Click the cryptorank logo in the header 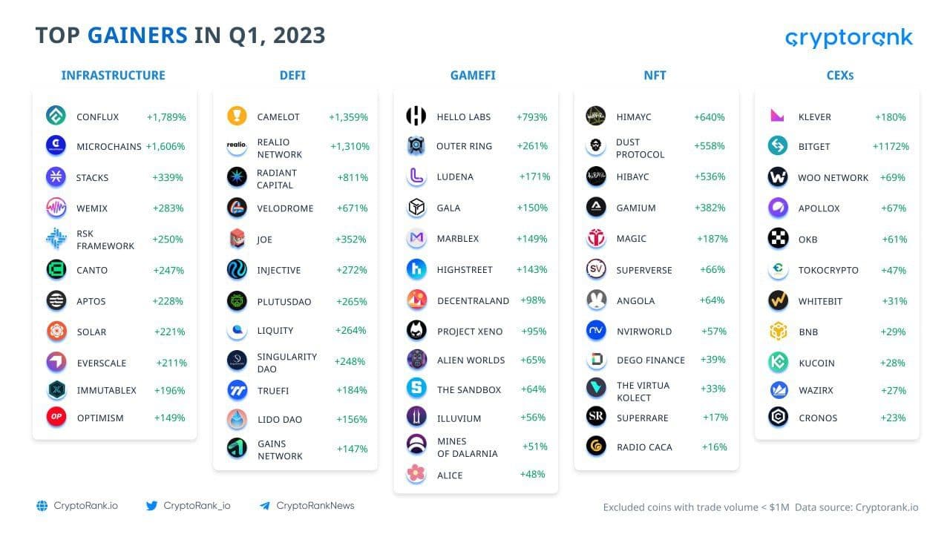[848, 38]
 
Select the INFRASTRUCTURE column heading [113, 75]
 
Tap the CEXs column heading [839, 75]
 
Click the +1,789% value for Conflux [166, 117]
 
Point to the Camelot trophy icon [237, 116]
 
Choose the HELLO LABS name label [463, 117]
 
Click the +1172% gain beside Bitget [891, 146]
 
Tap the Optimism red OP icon [56, 418]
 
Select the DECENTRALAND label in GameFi [473, 300]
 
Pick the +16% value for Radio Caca [714, 446]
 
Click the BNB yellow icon [778, 332]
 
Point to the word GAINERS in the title [137, 35]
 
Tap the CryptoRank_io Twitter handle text [197, 506]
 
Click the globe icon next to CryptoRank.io [42, 506]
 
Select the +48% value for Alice [532, 474]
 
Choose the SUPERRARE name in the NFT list [642, 418]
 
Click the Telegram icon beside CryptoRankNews [265, 506]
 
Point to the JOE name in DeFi [264, 240]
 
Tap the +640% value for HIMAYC [709, 117]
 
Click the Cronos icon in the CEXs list [778, 417]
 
